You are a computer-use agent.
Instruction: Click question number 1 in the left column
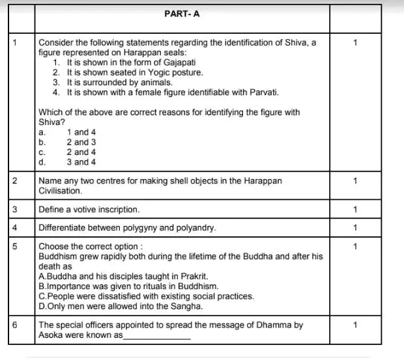pos(14,42)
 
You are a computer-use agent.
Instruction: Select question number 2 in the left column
pos(14,182)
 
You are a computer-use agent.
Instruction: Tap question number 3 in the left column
pos(14,210)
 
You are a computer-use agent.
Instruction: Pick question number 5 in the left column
pos(14,247)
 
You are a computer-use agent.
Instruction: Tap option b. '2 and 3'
pos(81,142)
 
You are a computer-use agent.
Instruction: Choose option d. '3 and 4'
pos(81,161)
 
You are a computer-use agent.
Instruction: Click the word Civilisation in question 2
pos(61,191)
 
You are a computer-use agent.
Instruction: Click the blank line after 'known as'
pos(157,336)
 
